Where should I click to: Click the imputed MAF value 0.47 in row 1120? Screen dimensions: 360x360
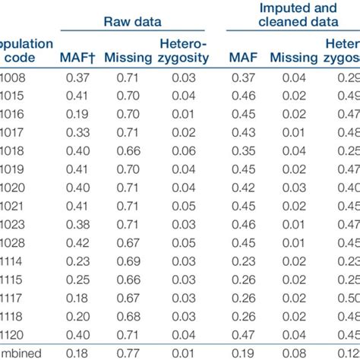[244, 334]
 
